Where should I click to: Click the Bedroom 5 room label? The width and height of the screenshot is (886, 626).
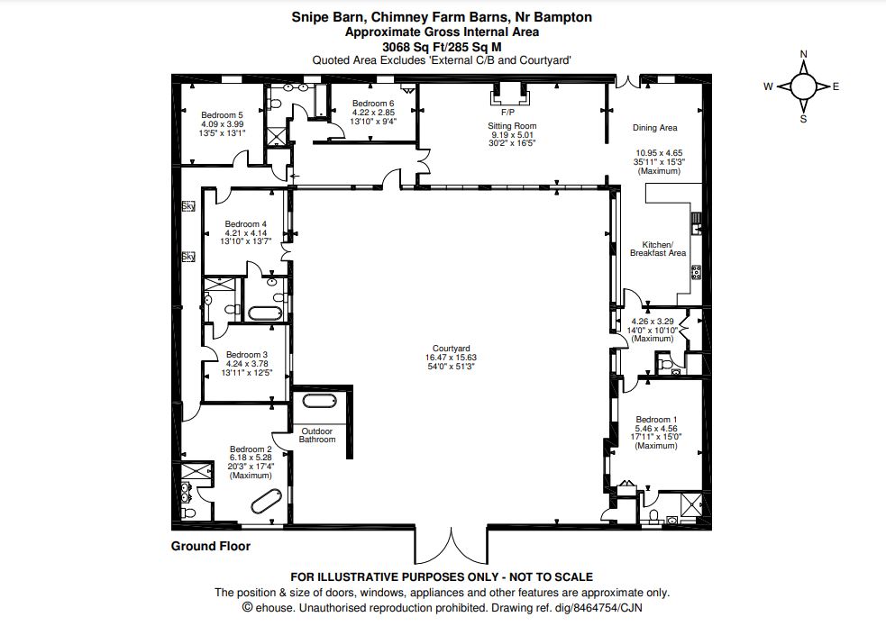coord(222,115)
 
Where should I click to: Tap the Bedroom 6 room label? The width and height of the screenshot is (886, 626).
coord(373,104)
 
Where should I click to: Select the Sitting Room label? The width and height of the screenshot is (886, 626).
coord(512,126)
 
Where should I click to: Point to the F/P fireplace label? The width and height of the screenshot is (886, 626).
coord(507,113)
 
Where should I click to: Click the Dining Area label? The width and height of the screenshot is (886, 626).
coord(655,128)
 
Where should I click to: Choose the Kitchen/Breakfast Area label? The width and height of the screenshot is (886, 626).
coord(658,249)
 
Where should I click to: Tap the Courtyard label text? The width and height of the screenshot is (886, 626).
coord(451,349)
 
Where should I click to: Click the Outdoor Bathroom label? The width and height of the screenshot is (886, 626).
coord(317,435)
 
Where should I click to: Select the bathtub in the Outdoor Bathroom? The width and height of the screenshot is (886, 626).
coord(319,402)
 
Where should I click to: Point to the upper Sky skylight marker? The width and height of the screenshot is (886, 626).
coord(188,206)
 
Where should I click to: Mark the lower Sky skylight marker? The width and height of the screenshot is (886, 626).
coord(188,257)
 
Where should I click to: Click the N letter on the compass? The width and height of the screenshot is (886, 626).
coord(803,54)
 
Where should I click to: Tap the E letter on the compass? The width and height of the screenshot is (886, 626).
coord(836,86)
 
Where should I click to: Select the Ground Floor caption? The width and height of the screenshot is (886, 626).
coord(211,546)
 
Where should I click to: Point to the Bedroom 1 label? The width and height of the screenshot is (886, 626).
coord(656,420)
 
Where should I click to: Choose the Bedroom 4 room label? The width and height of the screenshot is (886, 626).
coord(246,224)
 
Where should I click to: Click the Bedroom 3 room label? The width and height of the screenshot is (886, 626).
coord(247,355)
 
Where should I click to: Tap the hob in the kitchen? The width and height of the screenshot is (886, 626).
coord(696,272)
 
